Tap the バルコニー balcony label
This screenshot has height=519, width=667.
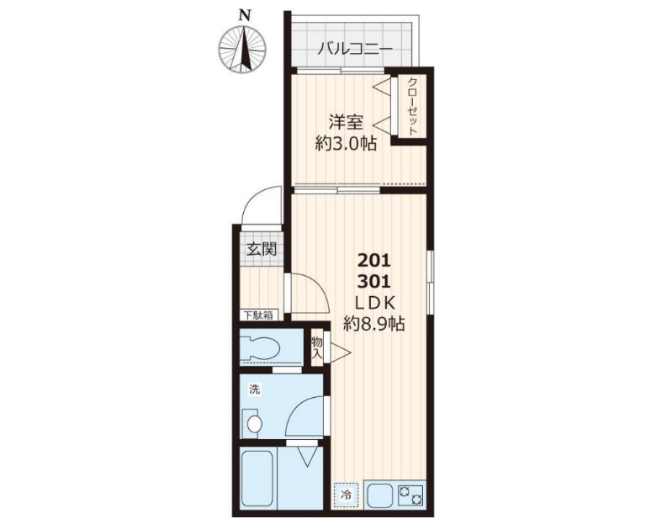(354, 49)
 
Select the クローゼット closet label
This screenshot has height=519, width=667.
(412, 106)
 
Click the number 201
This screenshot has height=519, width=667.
(373, 259)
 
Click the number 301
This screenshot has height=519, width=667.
(373, 281)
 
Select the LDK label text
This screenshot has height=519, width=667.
(373, 302)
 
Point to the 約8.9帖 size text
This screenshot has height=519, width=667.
(373, 323)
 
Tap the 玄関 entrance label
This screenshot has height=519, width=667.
(260, 249)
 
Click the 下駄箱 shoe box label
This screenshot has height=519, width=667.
(258, 315)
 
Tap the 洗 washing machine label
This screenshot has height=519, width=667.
(253, 390)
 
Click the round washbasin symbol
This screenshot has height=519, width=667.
(252, 423)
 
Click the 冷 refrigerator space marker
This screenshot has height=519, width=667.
(345, 495)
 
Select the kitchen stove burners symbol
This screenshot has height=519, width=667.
(412, 495)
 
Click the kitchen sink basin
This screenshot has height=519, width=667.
(380, 495)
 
